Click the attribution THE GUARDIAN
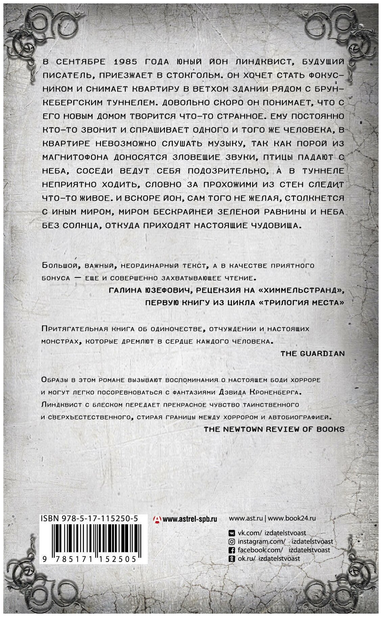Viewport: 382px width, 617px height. tap(312, 353)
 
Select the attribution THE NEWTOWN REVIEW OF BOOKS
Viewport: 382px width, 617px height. tap(274, 429)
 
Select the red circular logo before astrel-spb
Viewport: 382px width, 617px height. tap(157, 519)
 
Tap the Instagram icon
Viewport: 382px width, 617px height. tap(232, 541)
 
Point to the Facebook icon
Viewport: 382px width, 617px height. tap(232, 550)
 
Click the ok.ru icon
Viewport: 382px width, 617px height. tap(232, 558)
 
